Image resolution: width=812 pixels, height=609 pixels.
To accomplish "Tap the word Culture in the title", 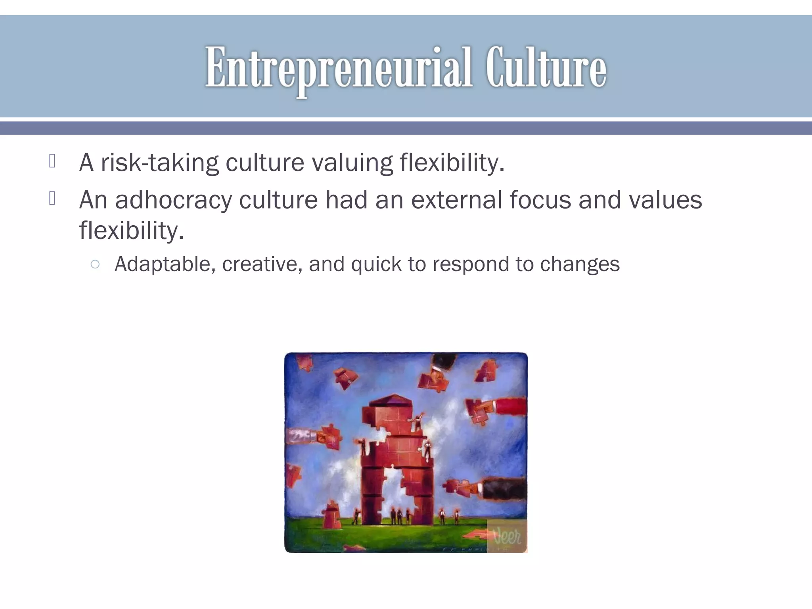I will point(546,67).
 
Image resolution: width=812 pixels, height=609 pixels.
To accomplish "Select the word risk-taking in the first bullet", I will point(160,163).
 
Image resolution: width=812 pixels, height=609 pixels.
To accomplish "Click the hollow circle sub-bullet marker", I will point(95,264).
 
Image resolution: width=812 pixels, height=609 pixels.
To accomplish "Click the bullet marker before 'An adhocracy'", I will point(52,198).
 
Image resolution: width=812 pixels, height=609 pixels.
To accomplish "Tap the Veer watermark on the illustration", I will point(507,537).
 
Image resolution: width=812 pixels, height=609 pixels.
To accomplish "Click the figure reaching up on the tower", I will point(417,422).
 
